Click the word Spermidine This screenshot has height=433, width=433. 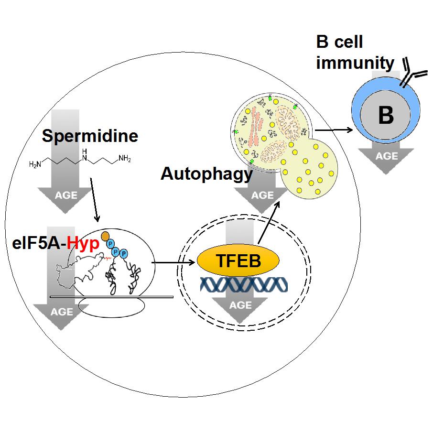pos(90,136)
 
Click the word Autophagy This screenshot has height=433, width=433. pos(206,174)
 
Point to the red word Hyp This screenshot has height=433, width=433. pos(83,244)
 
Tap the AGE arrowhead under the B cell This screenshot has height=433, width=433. pos(386,157)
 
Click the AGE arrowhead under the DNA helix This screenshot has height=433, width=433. pos(240,306)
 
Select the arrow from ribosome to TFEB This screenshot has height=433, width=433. pos(174,261)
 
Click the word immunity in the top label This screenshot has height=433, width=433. pos(355,63)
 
